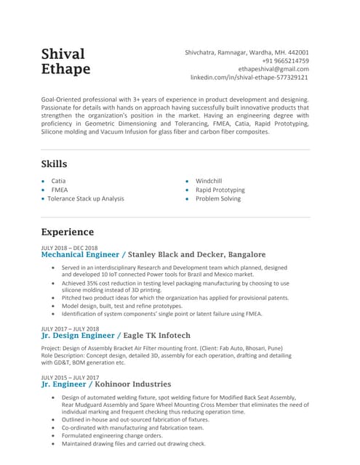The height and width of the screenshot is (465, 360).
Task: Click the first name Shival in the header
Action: pyautogui.click(x=63, y=54)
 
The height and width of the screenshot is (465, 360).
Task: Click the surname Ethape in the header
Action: pyautogui.click(x=66, y=70)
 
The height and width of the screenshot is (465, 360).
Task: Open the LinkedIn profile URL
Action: pyautogui.click(x=249, y=77)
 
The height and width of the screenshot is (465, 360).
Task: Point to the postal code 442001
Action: pyautogui.click(x=296, y=52)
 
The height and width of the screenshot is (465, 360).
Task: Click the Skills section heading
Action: pyautogui.click(x=55, y=164)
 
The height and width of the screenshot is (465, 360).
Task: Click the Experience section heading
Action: pyautogui.click(x=68, y=232)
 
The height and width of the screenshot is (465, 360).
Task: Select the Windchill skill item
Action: pyautogui.click(x=209, y=180)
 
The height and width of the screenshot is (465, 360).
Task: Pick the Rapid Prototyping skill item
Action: pyautogui.click(x=220, y=190)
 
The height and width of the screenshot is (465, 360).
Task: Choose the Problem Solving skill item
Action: pyautogui.click(x=218, y=198)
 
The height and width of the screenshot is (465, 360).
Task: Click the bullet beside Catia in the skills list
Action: pyautogui.click(x=44, y=181)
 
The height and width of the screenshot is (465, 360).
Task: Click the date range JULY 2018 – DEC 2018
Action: pyautogui.click(x=69, y=248)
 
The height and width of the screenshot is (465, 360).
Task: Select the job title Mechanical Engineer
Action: pyautogui.click(x=81, y=255)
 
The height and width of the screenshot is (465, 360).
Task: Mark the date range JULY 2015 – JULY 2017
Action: pyautogui.click(x=71, y=377)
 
